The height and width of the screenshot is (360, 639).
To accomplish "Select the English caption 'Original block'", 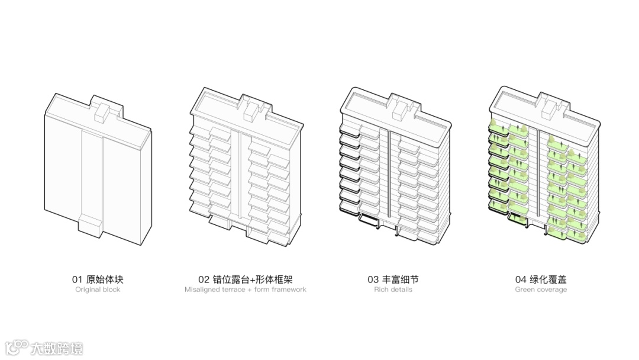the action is click(98, 290).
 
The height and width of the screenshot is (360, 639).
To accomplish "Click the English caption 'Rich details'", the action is click(393, 290).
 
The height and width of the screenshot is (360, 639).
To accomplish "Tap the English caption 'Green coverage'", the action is click(541, 290).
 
